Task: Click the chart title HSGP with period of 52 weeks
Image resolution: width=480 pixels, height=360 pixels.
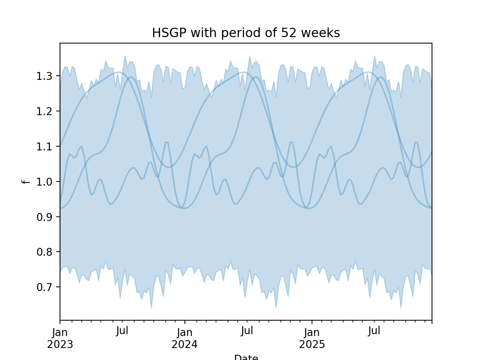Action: point(246,33)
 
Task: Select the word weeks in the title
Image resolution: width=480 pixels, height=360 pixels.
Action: point(321,33)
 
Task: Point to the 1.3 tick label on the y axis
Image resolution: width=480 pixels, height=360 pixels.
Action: point(44,76)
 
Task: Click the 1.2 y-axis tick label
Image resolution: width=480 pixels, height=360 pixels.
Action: point(44,111)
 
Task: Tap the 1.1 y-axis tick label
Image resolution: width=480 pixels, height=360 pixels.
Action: point(44,147)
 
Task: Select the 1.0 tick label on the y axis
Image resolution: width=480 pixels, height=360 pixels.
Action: point(44,182)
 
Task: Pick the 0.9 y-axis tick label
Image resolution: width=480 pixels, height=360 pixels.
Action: point(44,217)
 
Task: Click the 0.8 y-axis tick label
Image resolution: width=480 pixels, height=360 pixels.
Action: point(44,252)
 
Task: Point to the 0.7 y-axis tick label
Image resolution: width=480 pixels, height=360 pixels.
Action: point(44,287)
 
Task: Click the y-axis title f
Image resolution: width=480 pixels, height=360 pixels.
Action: point(25,182)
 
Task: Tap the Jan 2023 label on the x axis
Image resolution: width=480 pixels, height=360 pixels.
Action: point(60,338)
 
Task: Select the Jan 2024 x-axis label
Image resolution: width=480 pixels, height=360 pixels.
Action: point(184,338)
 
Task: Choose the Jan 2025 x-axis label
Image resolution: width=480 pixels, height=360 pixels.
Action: point(312,338)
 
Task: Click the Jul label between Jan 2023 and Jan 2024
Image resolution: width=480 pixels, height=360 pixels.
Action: point(122,331)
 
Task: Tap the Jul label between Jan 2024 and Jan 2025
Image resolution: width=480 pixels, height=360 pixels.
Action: point(247,331)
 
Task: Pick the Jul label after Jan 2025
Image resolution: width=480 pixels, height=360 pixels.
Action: point(374,331)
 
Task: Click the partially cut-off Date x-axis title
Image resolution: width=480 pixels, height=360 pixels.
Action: point(246,357)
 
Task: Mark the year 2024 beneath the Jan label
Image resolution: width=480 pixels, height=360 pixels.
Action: point(184,345)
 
